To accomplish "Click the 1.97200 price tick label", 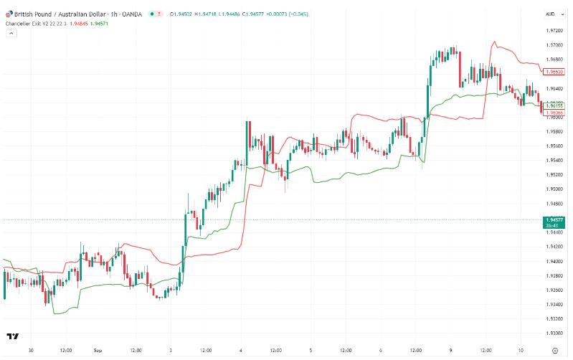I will click(553, 31).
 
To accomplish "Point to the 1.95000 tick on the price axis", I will click(553, 189).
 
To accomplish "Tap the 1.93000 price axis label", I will click(553, 333).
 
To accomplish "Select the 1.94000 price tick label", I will click(553, 261).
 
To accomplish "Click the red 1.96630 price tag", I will click(554, 72).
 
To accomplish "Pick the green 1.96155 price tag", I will click(554, 105).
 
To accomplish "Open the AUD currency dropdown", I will click(551, 14).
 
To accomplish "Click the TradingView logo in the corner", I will click(12, 336).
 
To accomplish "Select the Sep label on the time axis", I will click(98, 351).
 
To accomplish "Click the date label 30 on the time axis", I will click(30, 351).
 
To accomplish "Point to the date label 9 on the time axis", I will click(450, 351).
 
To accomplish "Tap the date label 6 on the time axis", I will click(380, 351).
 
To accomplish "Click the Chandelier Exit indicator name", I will click(34, 24).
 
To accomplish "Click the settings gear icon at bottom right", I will click(554, 351).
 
